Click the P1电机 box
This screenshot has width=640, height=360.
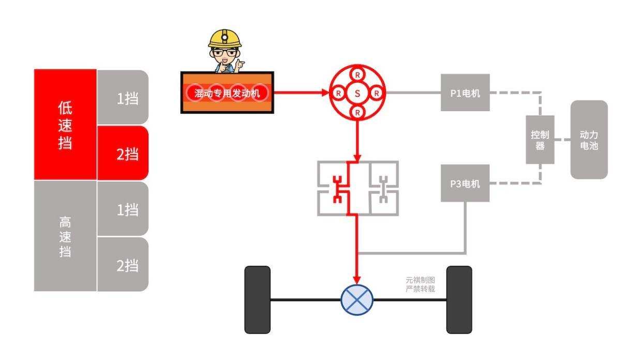(x=465, y=93)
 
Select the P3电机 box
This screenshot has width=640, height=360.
(x=465, y=184)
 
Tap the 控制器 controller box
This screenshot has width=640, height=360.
(x=540, y=140)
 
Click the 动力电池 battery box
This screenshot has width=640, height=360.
(x=589, y=140)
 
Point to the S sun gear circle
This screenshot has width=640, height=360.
(x=357, y=94)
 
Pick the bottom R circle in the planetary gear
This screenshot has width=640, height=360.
(x=357, y=112)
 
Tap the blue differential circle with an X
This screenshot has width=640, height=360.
(x=357, y=299)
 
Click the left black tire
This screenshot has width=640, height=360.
(x=257, y=299)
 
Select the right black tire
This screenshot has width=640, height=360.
(x=459, y=299)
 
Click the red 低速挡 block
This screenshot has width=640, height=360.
(x=65, y=125)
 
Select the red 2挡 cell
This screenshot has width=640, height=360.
(x=123, y=153)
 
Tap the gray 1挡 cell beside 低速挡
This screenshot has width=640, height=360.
(x=123, y=98)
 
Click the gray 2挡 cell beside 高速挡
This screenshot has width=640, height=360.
(x=123, y=265)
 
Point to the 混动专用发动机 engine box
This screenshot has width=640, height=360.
(x=227, y=93)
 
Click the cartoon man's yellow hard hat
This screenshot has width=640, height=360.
(x=225, y=39)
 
